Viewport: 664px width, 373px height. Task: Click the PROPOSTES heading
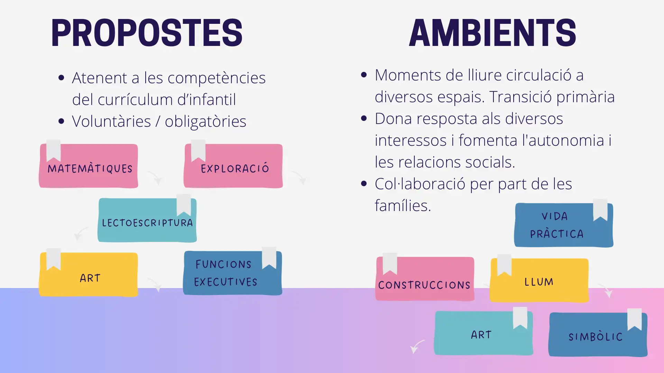point(147,33)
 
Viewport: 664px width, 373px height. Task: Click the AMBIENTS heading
point(492,33)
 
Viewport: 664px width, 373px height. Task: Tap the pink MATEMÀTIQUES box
point(89,166)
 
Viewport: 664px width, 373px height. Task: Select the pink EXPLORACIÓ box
point(233,166)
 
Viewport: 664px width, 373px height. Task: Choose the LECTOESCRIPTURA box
point(147,220)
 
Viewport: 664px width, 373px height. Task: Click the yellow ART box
point(89,275)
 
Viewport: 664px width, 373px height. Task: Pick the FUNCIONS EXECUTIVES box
point(232,273)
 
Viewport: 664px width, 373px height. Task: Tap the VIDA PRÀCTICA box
point(564,225)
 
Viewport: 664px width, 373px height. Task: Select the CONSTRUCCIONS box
point(425,279)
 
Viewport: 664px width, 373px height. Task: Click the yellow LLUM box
point(539,280)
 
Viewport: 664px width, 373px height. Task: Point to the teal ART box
point(483,333)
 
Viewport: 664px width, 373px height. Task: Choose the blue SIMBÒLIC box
point(598,334)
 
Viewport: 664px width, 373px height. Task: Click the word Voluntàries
point(111,121)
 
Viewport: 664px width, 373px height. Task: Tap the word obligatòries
point(205,121)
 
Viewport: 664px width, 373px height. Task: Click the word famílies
point(403,205)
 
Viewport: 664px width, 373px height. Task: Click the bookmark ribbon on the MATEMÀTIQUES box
point(54,151)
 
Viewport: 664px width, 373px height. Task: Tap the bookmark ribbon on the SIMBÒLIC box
point(635,319)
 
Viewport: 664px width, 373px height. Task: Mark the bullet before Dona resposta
point(363,118)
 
